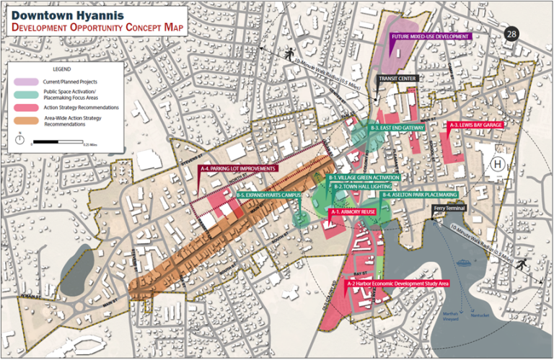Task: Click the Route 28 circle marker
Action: tap(511, 34)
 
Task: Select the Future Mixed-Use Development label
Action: tap(431, 36)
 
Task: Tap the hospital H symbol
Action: tap(496, 164)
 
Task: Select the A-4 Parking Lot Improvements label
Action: tap(239, 169)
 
